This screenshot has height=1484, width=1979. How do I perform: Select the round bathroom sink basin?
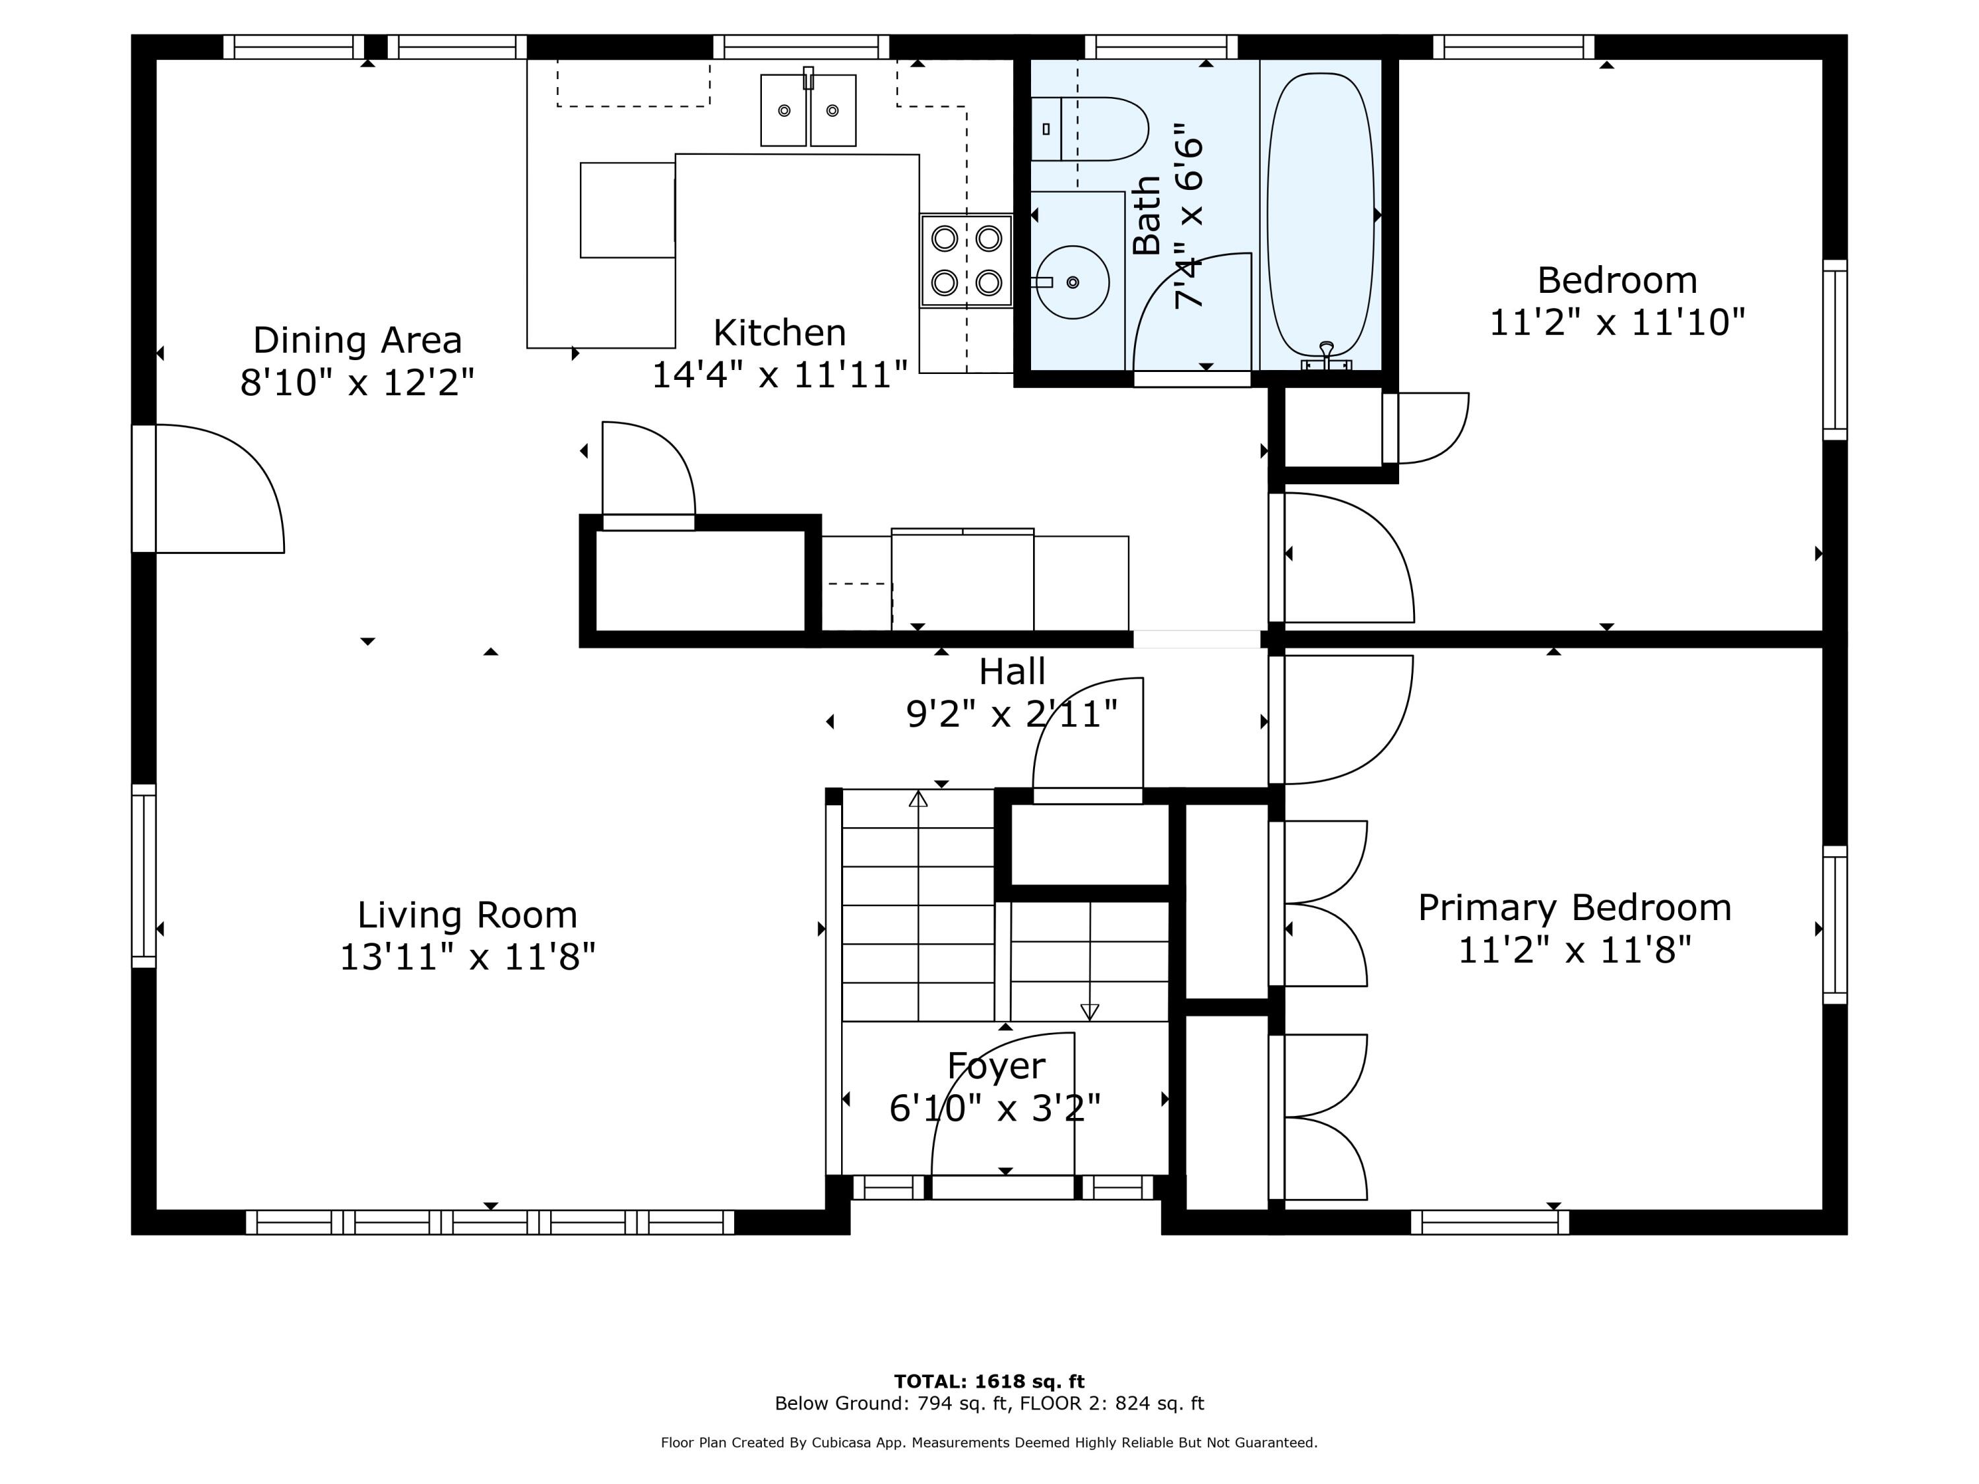[1073, 282]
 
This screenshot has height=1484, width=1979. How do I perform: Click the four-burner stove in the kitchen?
[966, 261]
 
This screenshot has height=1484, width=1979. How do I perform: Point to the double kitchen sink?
[808, 111]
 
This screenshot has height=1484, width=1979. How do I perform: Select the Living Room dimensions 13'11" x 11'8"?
[467, 957]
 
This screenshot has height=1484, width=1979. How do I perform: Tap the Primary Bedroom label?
[1574, 908]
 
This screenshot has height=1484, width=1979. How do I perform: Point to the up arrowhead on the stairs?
[918, 799]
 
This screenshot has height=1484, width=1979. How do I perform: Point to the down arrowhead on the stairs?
[1089, 1012]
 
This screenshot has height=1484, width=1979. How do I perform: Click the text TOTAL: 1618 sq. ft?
[989, 1382]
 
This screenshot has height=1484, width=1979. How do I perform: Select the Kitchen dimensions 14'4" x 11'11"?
[779, 375]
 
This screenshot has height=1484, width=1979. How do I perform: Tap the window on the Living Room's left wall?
[143, 876]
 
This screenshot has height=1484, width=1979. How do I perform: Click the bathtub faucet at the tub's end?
[1326, 356]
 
